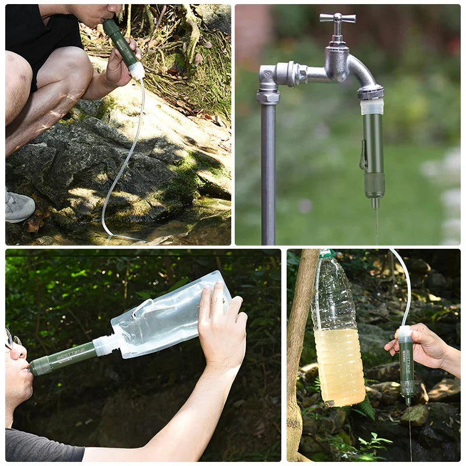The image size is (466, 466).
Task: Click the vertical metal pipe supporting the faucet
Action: coord(268,175)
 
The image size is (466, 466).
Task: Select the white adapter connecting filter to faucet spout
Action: coord(372,107)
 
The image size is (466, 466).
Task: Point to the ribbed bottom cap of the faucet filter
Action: coord(374,185)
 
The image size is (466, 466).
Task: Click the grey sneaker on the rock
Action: coord(19,206)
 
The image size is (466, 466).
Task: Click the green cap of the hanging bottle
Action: coord(327,254)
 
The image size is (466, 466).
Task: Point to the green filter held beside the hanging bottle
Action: coord(406,367)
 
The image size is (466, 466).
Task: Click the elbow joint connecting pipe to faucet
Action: coord(268,79)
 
